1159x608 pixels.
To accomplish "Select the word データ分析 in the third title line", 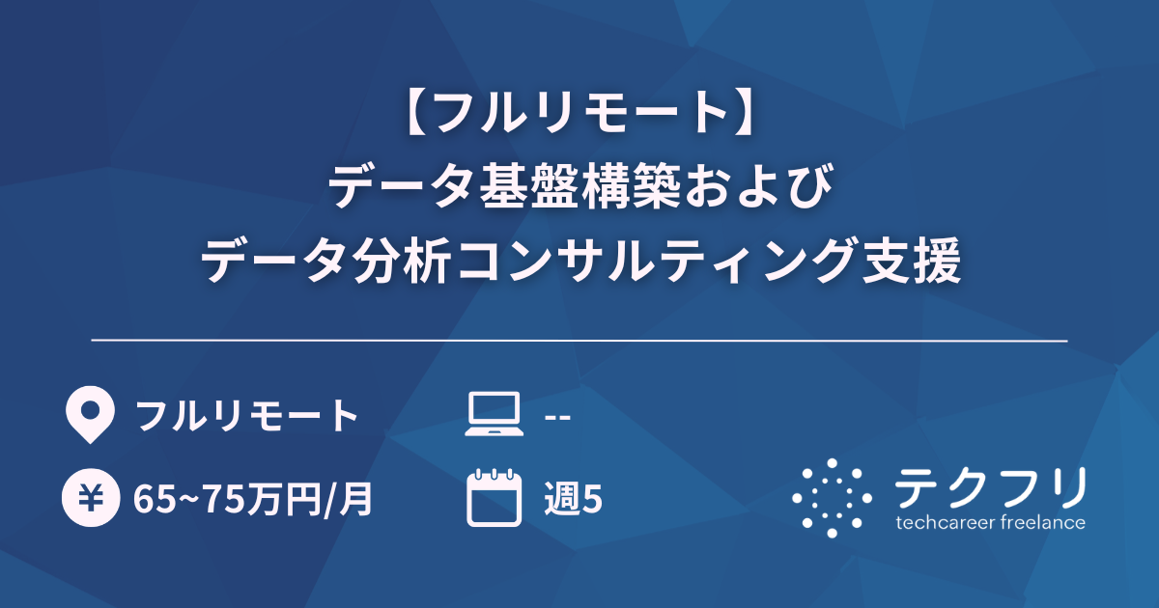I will point(324,259).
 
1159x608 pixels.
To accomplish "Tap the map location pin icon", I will point(89,415).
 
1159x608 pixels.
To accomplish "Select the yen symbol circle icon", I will point(89,499).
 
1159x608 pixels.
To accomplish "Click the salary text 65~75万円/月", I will point(253,500).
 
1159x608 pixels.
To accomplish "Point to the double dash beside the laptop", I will point(557,417).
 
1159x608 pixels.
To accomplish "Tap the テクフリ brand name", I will point(990,487).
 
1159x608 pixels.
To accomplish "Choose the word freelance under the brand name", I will point(1039,523).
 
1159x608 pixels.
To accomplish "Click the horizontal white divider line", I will point(579,341).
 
